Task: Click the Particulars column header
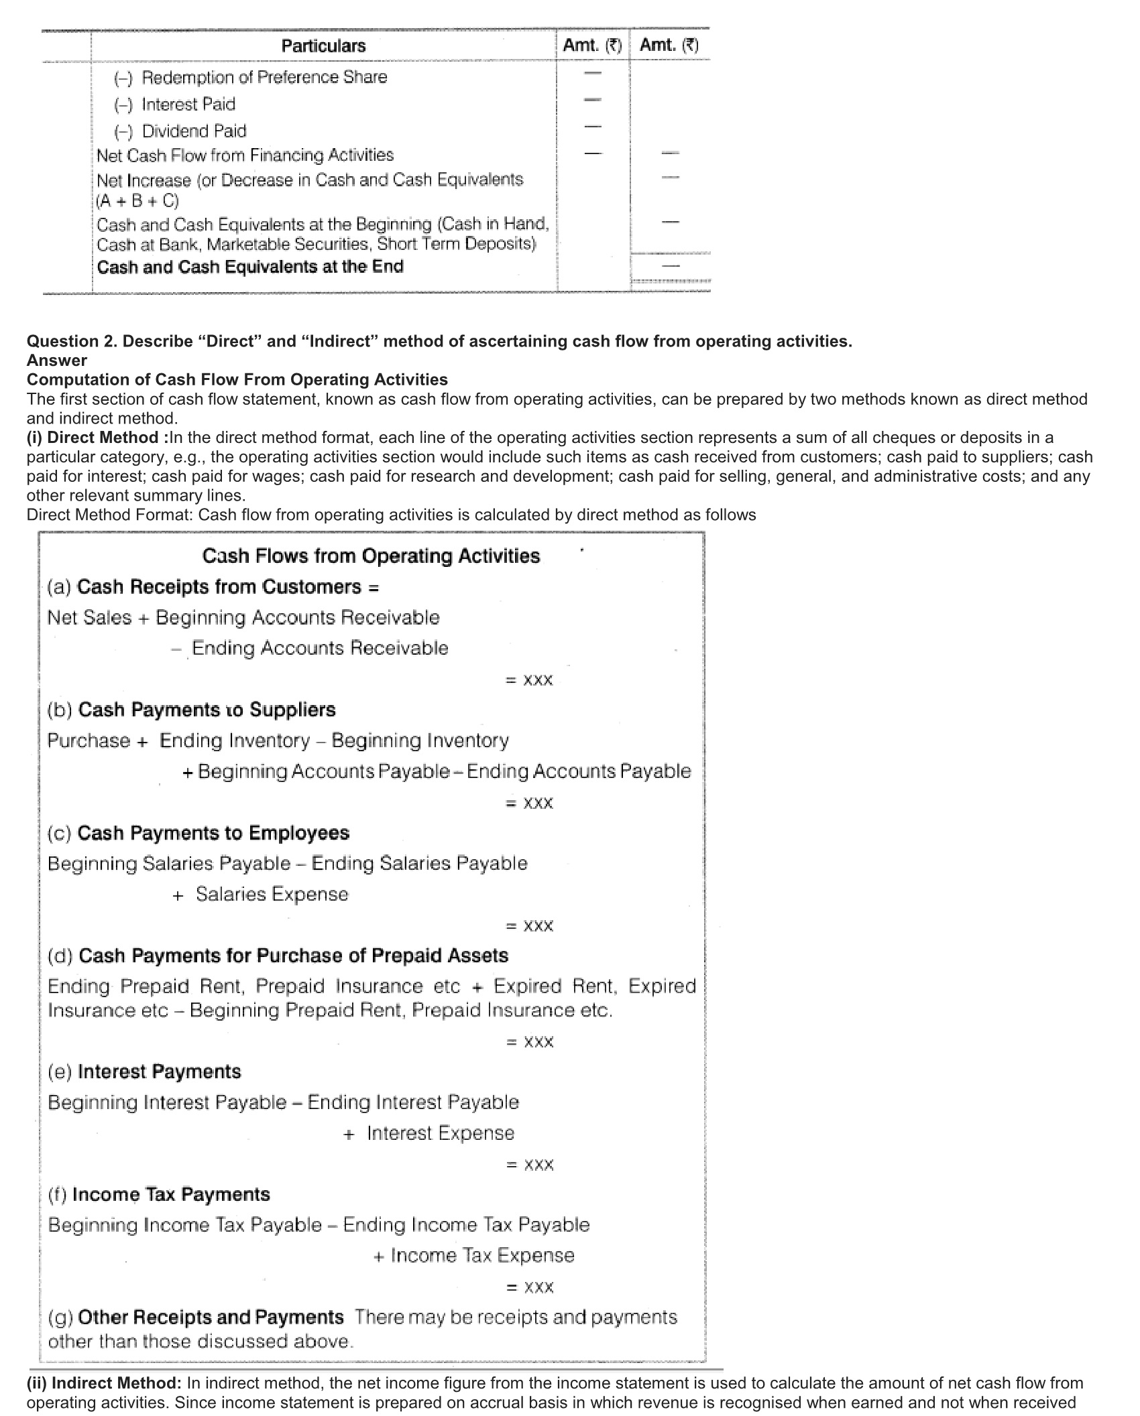[x=323, y=46]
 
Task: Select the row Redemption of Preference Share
[x=264, y=77]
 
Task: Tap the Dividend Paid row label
[x=194, y=131]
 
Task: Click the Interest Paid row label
[x=188, y=104]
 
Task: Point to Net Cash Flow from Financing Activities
[x=245, y=155]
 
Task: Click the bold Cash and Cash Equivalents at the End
[x=250, y=267]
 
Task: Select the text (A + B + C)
[x=137, y=201]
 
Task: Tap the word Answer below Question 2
[x=57, y=361]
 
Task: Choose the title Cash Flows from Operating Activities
[x=371, y=556]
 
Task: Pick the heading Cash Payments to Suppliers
[x=207, y=710]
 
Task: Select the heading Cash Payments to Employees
[x=213, y=833]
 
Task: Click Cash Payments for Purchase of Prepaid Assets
[x=293, y=956]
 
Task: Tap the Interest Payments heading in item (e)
[x=159, y=1072]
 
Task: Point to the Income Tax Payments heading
[x=171, y=1194]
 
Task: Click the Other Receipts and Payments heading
[x=211, y=1317]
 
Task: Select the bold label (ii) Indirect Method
[x=104, y=1383]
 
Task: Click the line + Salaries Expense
[x=262, y=895]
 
